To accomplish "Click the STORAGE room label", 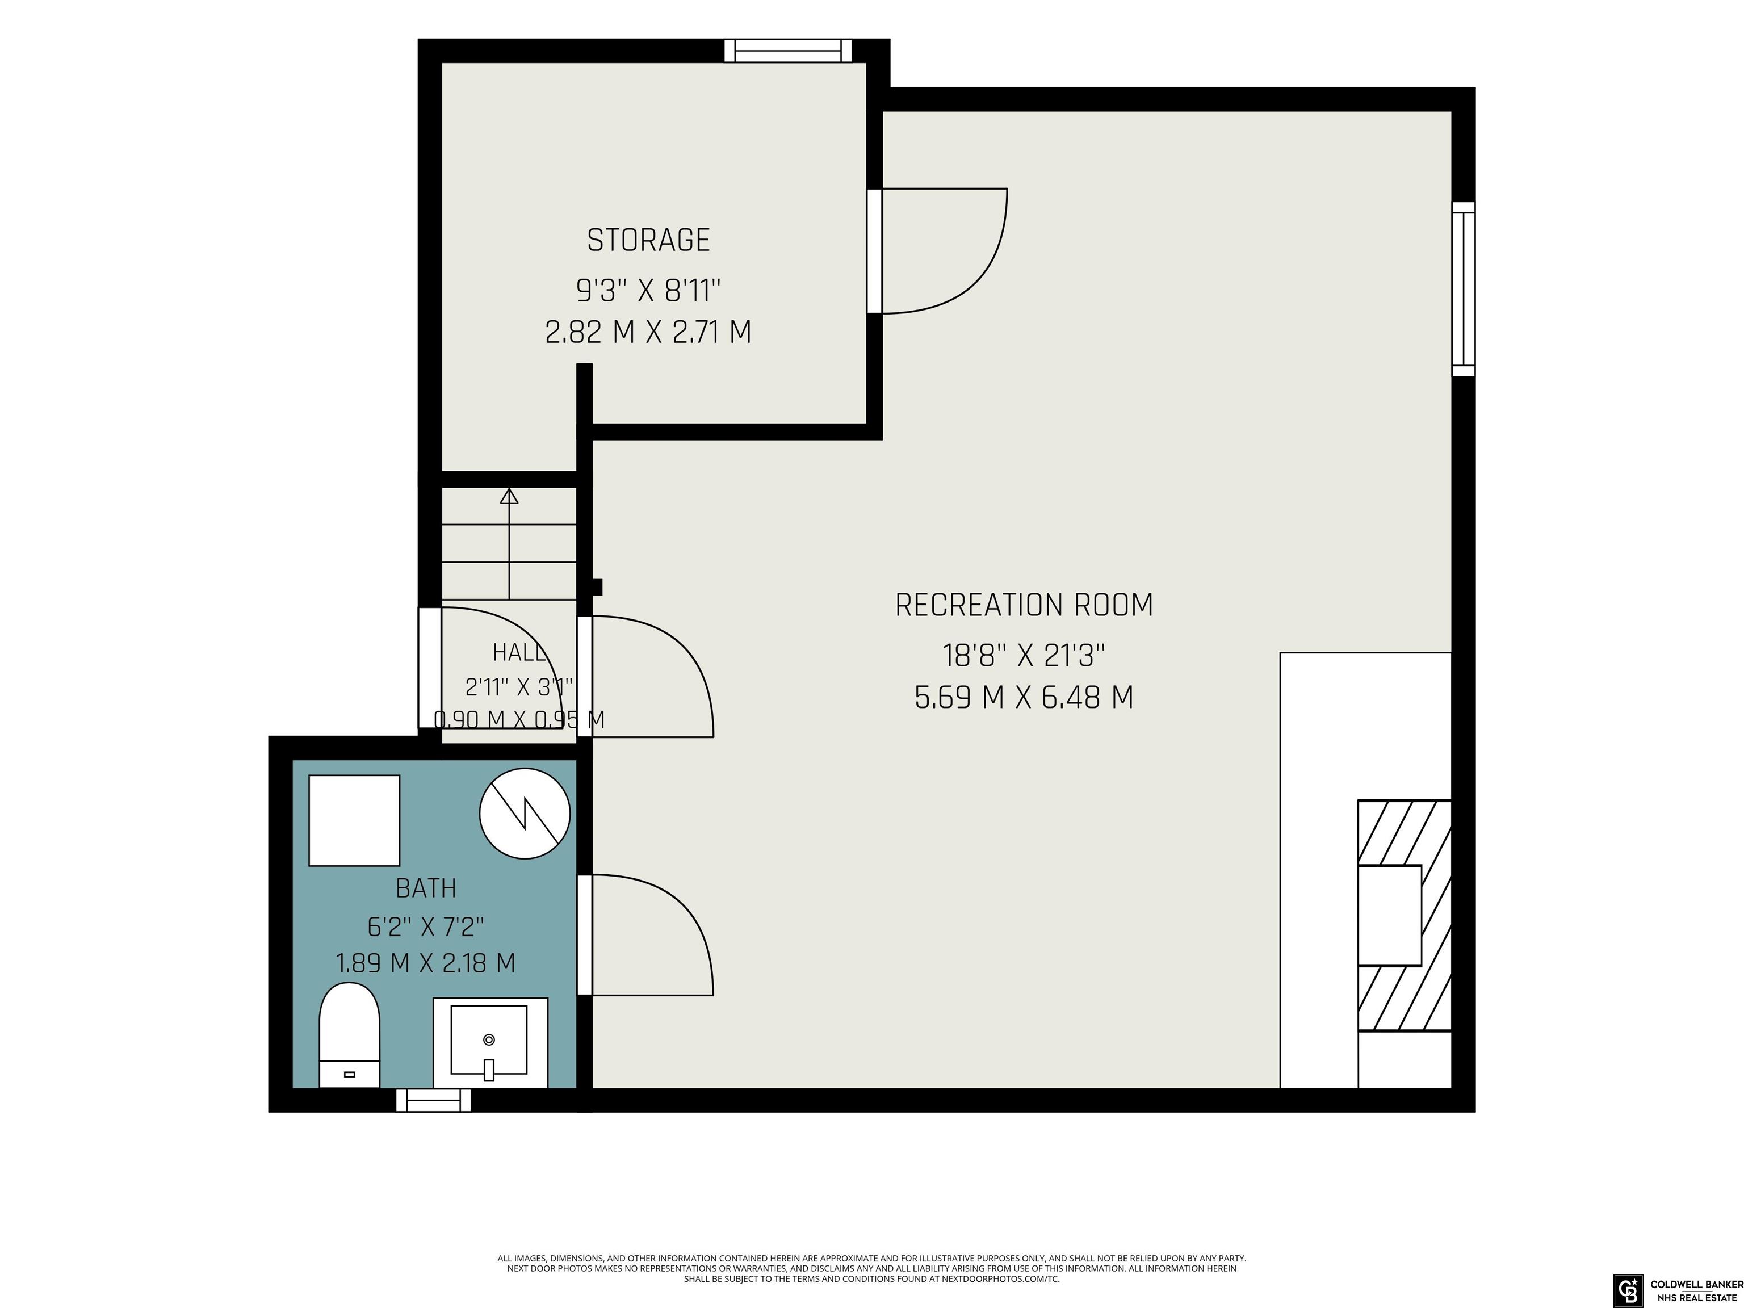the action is tap(648, 240).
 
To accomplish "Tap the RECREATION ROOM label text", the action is tap(1024, 605).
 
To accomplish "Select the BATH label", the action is tap(426, 888).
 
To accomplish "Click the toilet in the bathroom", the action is tap(349, 1035).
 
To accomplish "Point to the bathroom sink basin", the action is tap(489, 1040).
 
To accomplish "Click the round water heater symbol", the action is tap(525, 814).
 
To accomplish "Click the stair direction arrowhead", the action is tap(509, 496).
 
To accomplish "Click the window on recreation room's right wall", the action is tap(1464, 288).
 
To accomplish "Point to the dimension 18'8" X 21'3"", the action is tap(1024, 655).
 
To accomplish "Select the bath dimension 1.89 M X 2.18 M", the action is tap(426, 963).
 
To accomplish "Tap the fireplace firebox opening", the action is tap(1389, 915).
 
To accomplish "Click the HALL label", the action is tap(518, 653).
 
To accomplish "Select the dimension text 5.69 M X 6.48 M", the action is tap(1024, 698).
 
